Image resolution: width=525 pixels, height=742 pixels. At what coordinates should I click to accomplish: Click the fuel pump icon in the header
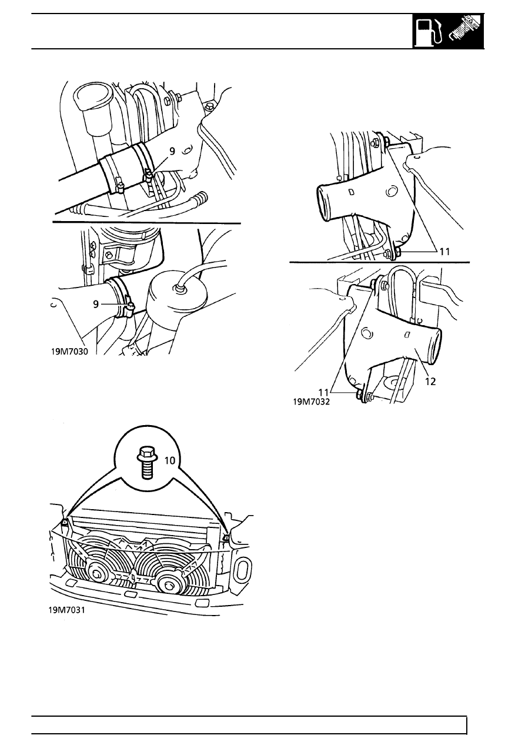tap(429, 32)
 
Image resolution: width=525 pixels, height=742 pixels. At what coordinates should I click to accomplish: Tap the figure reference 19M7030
tap(69, 352)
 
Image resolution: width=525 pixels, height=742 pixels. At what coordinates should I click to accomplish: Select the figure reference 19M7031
tap(66, 610)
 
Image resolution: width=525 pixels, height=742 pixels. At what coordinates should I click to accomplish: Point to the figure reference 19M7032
tap(312, 402)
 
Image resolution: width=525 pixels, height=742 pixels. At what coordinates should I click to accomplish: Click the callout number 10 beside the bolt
tap(169, 460)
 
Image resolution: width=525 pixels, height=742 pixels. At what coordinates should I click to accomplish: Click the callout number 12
tap(430, 382)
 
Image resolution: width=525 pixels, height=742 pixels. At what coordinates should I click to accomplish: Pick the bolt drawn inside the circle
tap(146, 463)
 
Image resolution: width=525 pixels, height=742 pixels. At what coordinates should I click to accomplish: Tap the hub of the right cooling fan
tap(169, 584)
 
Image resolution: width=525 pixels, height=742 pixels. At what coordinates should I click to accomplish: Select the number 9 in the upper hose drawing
tap(172, 151)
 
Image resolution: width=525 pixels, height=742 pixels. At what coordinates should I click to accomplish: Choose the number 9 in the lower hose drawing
tap(96, 304)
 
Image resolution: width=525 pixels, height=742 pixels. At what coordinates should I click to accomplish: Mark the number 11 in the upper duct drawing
tap(445, 252)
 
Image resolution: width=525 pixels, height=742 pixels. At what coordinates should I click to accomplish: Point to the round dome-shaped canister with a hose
tap(178, 296)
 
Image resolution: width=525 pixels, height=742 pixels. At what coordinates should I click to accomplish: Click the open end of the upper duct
tap(325, 202)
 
